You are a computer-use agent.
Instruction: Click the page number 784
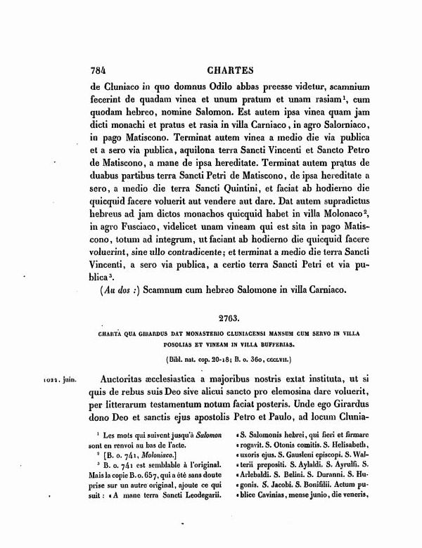(x=98, y=70)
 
